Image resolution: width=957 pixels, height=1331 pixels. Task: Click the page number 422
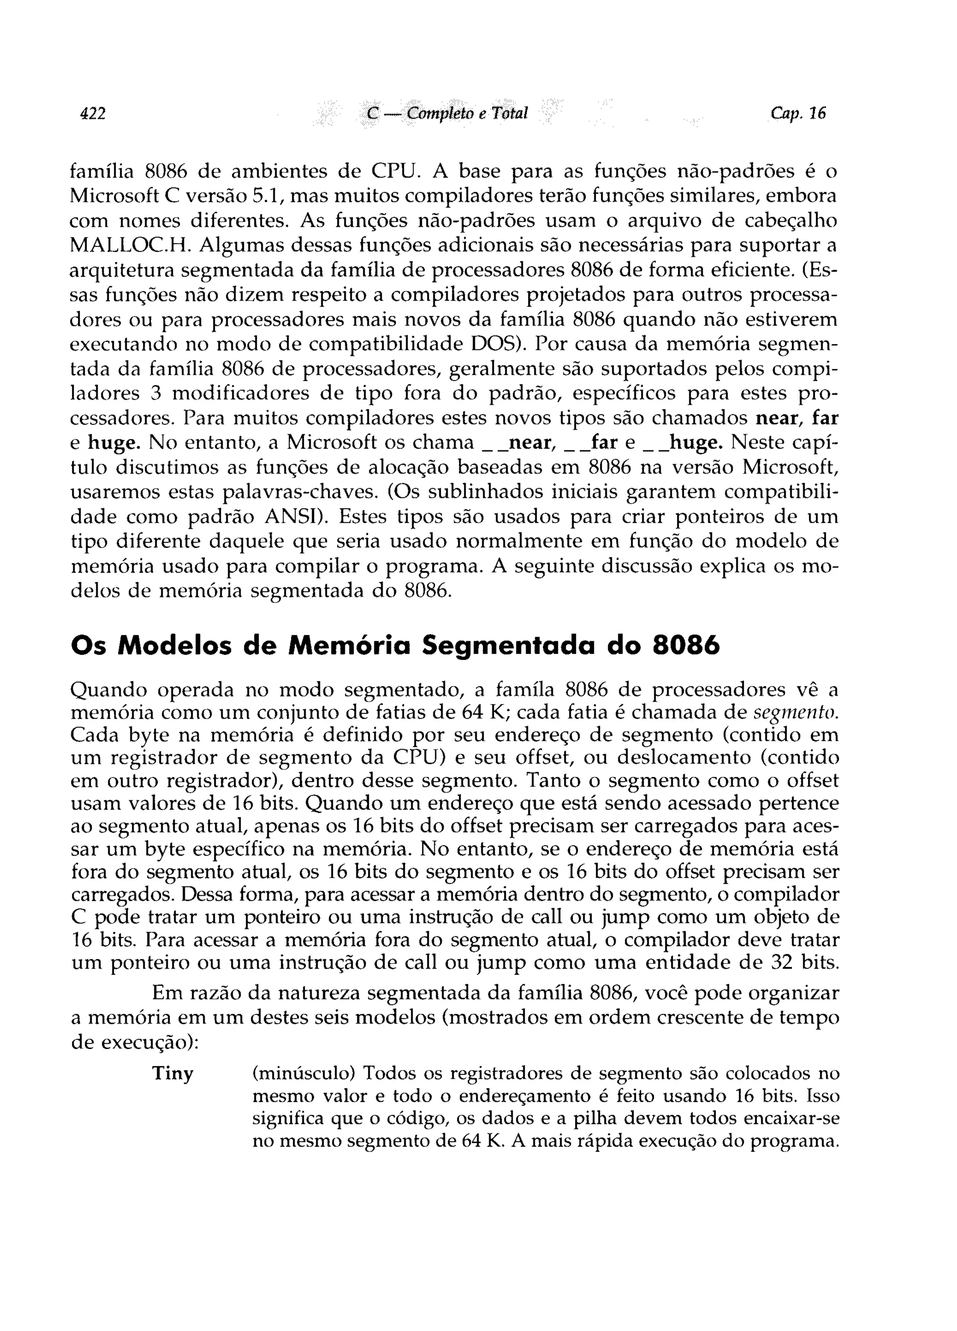click(x=93, y=113)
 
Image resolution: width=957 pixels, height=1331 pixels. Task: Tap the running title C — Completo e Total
click(x=447, y=113)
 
